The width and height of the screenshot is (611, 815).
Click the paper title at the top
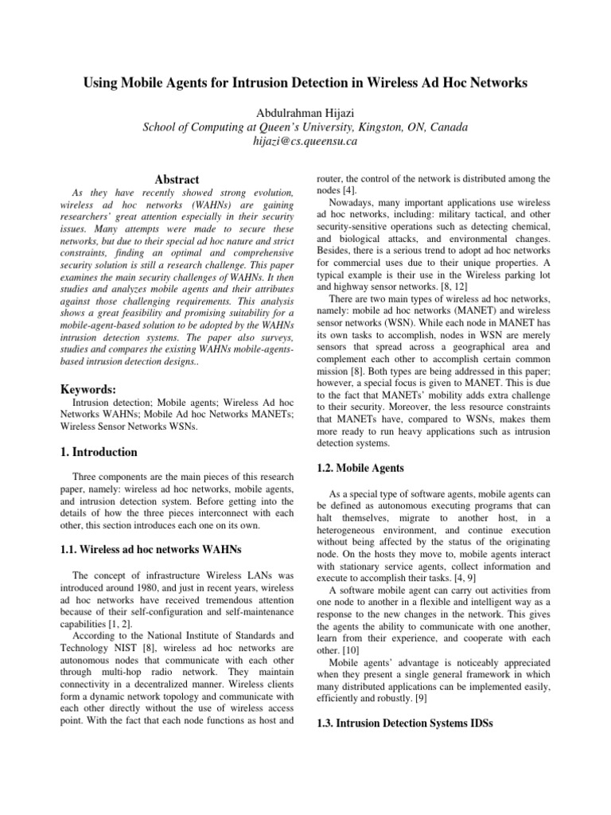click(x=305, y=83)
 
